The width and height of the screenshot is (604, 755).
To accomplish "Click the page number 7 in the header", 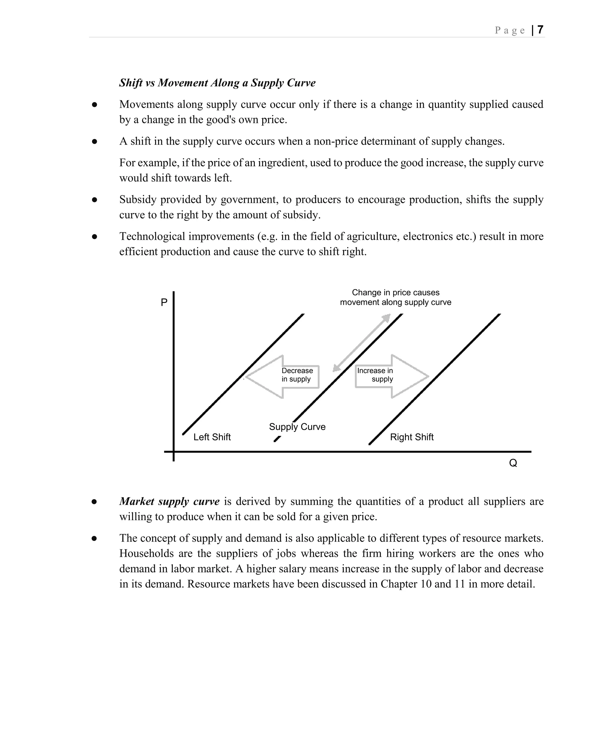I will coord(540,30).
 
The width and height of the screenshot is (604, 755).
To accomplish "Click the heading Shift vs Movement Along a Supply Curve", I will coord(217,83).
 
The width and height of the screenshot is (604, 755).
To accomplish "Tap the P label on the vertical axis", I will coord(164,302).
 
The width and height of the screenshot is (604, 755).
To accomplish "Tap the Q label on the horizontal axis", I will coord(513,463).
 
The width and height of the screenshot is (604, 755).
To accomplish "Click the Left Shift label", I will coord(212,437).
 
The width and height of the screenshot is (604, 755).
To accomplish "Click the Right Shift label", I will coord(411,437).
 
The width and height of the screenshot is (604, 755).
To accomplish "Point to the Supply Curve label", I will coord(297,426).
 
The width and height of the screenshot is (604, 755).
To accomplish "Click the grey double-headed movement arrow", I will coord(361,343).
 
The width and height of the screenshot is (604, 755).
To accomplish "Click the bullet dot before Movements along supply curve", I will coord(94,105).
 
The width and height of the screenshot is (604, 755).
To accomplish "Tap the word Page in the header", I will coord(510,30).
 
